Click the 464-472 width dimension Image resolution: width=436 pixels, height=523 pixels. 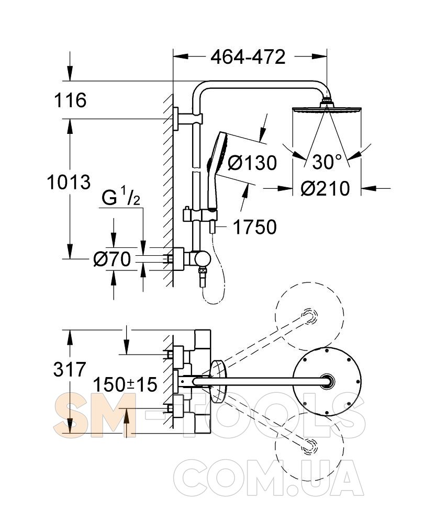(248, 57)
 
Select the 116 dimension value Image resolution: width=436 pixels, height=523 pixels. (70, 100)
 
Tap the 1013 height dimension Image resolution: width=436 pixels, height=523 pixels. (69, 183)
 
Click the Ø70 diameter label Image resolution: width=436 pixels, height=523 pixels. (112, 259)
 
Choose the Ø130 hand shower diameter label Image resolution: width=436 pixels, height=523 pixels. (252, 163)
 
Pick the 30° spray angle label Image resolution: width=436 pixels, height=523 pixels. (327, 162)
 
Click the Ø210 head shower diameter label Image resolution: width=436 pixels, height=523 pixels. (325, 188)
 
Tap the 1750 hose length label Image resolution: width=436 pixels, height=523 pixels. (255, 227)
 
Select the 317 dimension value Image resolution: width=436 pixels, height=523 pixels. (70, 370)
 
